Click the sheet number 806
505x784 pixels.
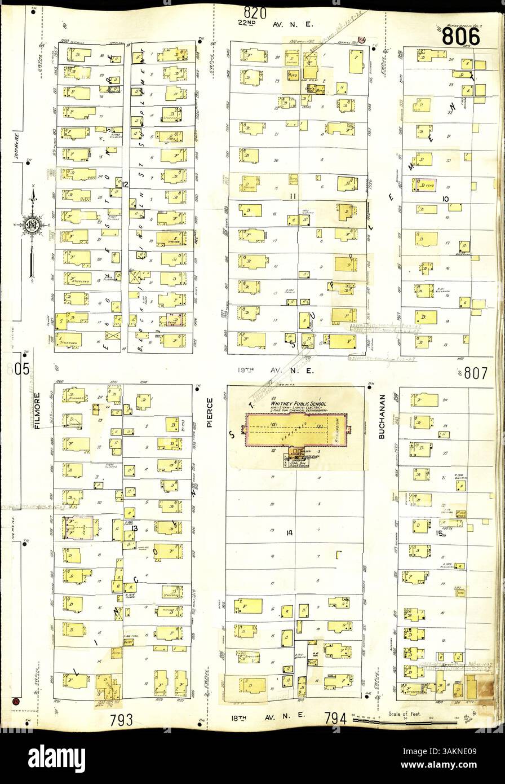(x=461, y=37)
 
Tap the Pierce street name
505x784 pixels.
(x=210, y=410)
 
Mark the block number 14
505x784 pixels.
(x=290, y=532)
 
